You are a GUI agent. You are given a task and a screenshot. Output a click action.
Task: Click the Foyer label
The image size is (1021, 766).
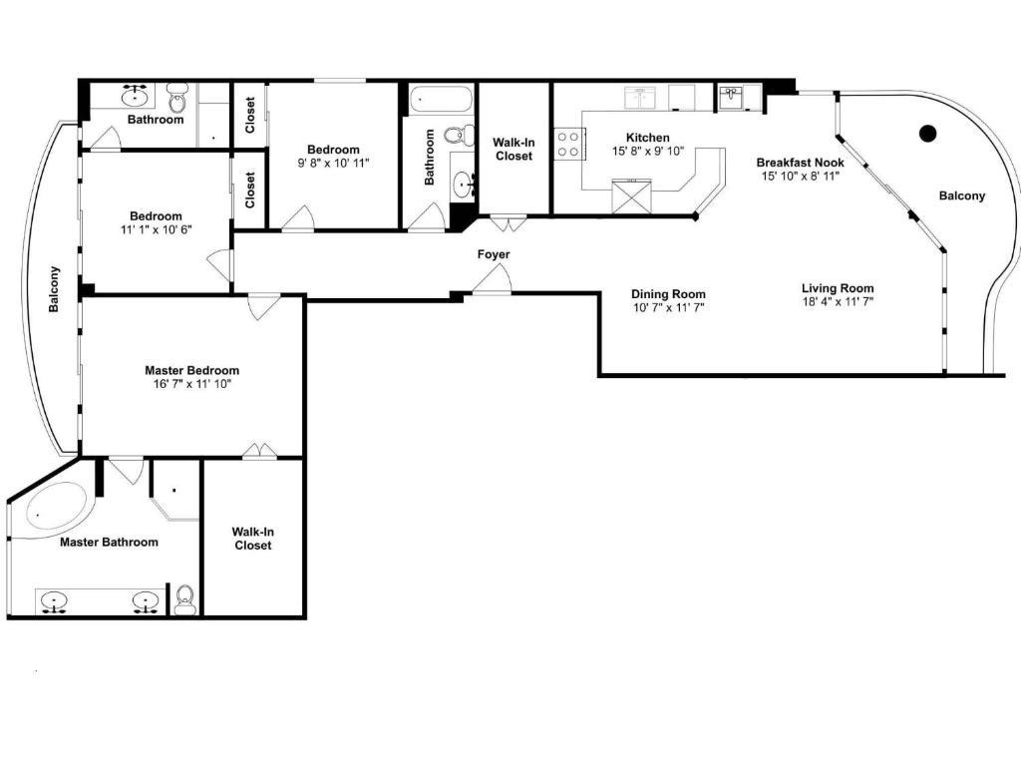tap(493, 254)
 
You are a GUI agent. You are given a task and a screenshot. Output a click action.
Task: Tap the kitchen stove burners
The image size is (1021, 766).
tap(568, 144)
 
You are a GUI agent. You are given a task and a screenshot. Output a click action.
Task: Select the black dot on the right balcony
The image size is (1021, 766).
tap(928, 134)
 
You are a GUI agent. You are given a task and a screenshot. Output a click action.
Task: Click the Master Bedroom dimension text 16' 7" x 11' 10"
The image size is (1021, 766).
tap(192, 384)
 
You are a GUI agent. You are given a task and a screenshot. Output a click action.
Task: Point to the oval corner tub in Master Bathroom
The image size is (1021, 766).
tap(56, 506)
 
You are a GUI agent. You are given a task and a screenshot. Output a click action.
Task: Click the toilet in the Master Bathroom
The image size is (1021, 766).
tap(185, 599)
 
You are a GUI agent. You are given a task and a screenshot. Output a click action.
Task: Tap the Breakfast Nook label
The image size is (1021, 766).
tap(801, 163)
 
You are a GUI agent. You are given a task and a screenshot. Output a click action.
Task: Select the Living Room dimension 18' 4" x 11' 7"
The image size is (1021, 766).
tap(838, 301)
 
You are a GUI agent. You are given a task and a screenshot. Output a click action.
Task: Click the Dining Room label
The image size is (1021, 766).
tap(668, 294)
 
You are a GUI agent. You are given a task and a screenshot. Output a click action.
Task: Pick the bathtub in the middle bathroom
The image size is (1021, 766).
tap(440, 100)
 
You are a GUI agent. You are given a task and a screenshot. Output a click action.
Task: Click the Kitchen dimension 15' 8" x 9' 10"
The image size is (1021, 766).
tap(648, 152)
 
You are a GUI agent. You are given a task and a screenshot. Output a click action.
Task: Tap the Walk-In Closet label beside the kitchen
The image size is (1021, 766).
tap(513, 150)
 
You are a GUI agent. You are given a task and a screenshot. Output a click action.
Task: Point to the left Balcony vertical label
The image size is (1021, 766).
tap(54, 289)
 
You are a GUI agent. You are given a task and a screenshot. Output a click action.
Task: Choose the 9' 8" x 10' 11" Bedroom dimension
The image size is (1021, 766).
tap(333, 163)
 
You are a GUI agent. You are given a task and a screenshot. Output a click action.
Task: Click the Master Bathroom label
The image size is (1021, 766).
tap(109, 542)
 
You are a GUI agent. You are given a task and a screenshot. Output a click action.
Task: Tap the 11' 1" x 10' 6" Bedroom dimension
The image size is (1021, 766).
tap(157, 229)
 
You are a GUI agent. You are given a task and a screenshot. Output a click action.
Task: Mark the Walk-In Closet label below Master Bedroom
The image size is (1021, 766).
tap(252, 539)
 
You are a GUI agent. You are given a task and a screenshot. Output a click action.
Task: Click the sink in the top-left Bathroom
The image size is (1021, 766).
tap(136, 97)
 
